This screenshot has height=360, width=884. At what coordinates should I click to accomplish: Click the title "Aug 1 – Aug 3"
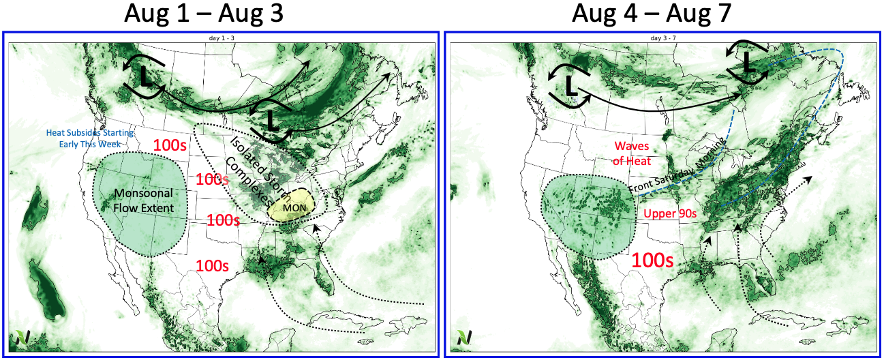coord(204,13)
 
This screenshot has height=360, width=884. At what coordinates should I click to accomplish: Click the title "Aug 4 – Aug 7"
coord(652,13)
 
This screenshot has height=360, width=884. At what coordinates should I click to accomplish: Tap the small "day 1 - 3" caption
coord(222,38)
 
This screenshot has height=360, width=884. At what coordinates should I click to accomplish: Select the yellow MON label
coord(294,208)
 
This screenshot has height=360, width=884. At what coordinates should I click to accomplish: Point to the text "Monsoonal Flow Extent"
coord(144,200)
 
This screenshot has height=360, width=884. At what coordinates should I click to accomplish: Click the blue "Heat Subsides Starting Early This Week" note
coord(90,138)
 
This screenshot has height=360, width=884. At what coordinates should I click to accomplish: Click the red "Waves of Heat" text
coord(632,153)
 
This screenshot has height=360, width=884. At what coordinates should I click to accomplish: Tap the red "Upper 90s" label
coord(670,213)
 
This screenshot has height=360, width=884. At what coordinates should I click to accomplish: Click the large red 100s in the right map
coord(652,260)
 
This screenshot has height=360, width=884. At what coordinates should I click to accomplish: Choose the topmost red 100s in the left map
coord(170,145)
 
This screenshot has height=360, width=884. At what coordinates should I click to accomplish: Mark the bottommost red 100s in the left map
coord(213,266)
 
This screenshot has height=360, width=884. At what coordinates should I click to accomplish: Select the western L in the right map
coord(570,86)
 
